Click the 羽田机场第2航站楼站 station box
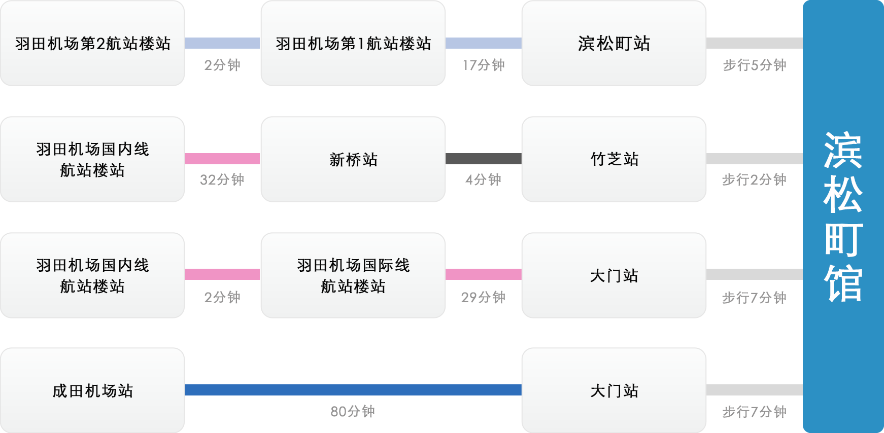point(92,44)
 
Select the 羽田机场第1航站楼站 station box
point(353,44)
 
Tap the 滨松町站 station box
point(614,44)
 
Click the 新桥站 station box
point(353,159)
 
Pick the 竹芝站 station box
point(614,159)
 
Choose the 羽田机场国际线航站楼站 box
point(353,275)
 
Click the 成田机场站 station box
point(92,390)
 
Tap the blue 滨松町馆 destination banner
point(843,216)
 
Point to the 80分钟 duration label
point(353,411)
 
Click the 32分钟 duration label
point(222,179)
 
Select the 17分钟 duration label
point(484,65)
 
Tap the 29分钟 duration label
point(483,297)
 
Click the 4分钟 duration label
point(483,179)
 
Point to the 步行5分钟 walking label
point(755,65)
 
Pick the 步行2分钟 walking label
point(755,179)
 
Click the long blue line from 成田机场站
point(353,390)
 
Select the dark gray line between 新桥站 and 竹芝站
point(483,159)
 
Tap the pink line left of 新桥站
point(222,159)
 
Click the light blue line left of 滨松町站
point(483,43)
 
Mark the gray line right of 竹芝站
point(755,159)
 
